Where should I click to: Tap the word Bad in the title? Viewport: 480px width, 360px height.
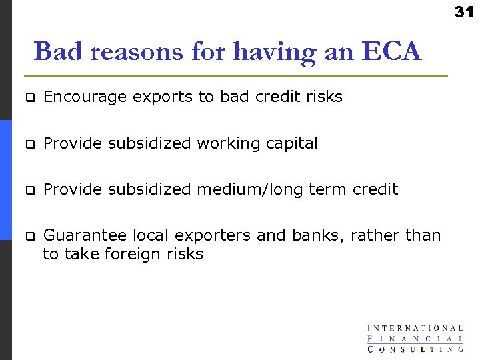tap(55, 51)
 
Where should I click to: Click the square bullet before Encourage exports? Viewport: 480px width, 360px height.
tap(29, 98)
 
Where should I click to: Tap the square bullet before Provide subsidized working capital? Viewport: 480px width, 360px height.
tap(29, 144)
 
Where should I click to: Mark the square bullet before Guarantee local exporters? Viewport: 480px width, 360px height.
tap(29, 236)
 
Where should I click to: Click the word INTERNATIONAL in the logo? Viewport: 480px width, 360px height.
tap(415, 328)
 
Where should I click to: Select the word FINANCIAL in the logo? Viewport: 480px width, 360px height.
tap(415, 338)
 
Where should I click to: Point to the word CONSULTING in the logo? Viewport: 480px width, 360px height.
tap(415, 348)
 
